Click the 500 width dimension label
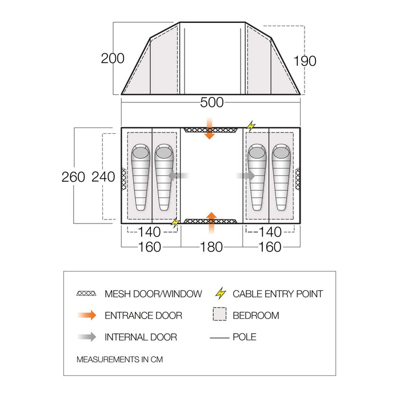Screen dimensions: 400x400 212,102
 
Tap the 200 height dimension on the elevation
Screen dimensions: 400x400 113,58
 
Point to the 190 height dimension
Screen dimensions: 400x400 305,61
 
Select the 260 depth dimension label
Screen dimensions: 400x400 73,177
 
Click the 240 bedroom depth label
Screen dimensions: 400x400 103,177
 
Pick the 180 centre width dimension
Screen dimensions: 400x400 211,247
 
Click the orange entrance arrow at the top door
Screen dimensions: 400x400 210,129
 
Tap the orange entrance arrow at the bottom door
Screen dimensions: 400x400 211,223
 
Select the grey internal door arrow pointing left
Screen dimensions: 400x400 178,176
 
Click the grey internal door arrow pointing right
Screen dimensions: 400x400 246,176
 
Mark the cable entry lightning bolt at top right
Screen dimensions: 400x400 251,126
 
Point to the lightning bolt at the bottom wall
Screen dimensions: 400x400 175,222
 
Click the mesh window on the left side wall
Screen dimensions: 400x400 123,178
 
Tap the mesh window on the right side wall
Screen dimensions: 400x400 298,178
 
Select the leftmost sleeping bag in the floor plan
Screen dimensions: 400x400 141,177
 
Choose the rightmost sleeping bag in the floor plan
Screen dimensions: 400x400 281,177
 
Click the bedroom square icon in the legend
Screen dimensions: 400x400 219,314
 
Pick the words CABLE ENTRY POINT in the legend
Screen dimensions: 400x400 278,294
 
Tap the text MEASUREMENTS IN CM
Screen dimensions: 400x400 119,359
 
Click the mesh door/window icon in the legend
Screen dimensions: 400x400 86,293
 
